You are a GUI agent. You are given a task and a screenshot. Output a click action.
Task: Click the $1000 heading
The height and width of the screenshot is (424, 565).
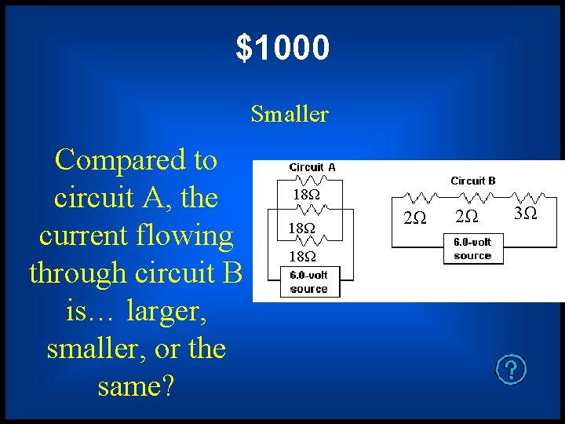click(282, 48)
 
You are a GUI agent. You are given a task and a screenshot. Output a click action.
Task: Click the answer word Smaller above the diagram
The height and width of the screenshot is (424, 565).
click(290, 115)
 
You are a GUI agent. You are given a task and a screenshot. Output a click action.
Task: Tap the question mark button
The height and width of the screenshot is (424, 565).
click(512, 368)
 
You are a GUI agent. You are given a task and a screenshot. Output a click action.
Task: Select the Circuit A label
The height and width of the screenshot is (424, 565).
click(312, 167)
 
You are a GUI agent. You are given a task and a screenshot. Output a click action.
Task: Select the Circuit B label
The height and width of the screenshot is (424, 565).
click(473, 181)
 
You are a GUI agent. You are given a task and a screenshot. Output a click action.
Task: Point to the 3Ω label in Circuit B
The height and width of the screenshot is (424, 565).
click(525, 214)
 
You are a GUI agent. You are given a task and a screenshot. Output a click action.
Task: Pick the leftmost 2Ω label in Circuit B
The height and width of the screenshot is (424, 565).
click(414, 217)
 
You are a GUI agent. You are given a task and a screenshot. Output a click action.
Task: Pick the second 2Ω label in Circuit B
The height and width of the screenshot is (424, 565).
click(467, 216)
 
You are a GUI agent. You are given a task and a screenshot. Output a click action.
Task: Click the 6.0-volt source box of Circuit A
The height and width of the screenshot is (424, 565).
click(308, 282)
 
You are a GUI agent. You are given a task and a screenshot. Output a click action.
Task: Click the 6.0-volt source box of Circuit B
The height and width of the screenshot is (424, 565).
click(472, 249)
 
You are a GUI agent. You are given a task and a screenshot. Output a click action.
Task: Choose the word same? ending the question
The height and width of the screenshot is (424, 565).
click(137, 386)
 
